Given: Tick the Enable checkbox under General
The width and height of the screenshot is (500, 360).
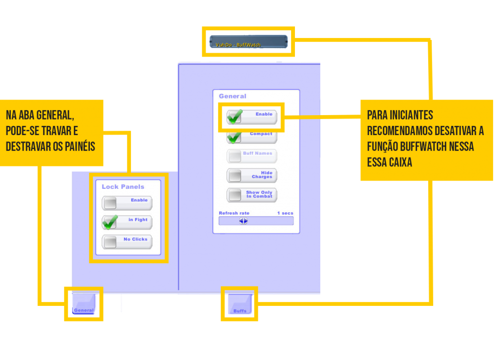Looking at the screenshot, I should (235, 117).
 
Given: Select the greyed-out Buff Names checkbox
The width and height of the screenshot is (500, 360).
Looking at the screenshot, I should (235, 156).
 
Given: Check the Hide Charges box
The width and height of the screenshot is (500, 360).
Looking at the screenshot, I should (235, 176).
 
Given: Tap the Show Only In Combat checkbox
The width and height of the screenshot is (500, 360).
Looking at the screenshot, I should (235, 195).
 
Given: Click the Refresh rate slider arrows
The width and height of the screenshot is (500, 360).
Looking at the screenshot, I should (243, 220).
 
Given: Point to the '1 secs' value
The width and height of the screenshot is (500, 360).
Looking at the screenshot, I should (285, 213).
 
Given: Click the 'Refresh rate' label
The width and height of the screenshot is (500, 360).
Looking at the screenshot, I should (234, 213).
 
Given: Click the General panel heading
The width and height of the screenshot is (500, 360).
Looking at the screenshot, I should (232, 97).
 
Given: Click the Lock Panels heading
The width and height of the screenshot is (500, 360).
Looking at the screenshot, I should (123, 187).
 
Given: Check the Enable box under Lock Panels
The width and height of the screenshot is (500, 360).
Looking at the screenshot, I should (110, 203).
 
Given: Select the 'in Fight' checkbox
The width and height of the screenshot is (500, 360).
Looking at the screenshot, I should (110, 222).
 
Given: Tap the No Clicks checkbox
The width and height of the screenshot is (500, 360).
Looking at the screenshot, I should (110, 242).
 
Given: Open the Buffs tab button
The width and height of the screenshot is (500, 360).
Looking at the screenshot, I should (240, 304).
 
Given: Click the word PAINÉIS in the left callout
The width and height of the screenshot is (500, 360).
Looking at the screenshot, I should (81, 147).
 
